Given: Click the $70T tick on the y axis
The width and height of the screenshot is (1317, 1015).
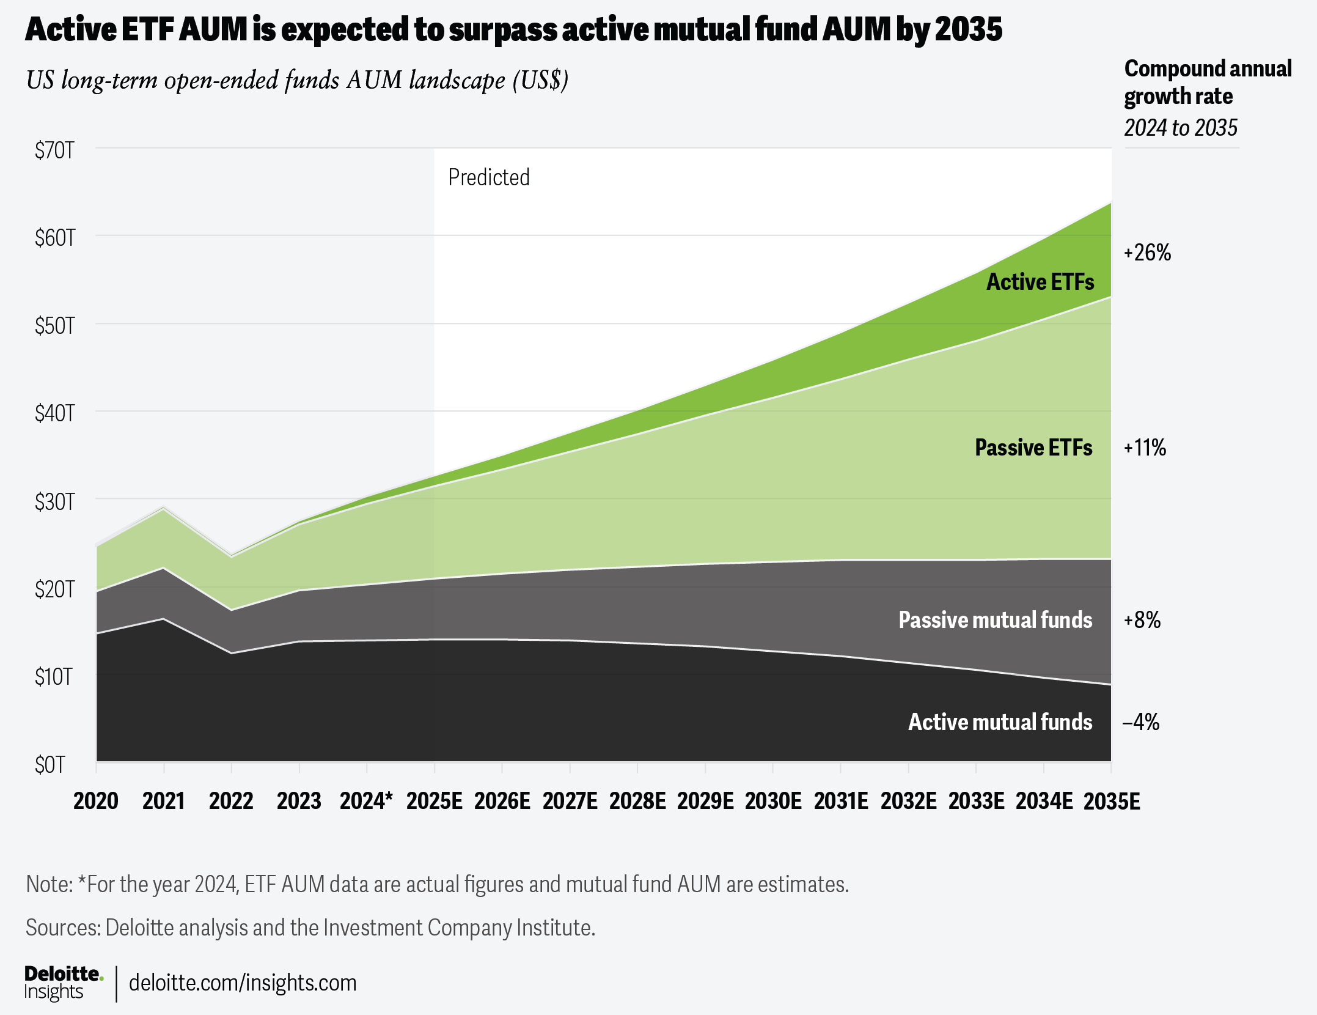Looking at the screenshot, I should point(54,150).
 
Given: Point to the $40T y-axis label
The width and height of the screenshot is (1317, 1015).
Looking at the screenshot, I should point(54,413).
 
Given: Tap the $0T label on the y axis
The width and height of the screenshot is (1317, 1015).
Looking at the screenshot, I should point(50,764).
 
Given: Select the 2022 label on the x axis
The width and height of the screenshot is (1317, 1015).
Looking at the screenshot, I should point(231,801).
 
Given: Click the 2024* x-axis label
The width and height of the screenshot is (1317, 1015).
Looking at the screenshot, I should point(366,801).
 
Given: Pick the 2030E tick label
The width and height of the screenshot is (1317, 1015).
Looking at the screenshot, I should point(773,801).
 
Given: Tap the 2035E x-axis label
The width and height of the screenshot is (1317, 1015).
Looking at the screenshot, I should point(1112,801).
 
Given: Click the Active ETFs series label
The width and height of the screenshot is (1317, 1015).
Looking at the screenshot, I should point(1040,282).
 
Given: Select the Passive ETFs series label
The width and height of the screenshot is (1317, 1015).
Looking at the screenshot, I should point(1033,448).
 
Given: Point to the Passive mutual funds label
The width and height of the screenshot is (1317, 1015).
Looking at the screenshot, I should point(995,620).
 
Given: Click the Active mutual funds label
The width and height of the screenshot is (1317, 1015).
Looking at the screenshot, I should point(1000,722).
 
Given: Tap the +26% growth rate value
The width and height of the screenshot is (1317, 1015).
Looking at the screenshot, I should point(1147,253).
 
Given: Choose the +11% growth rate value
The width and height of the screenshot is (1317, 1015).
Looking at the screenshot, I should point(1145,448).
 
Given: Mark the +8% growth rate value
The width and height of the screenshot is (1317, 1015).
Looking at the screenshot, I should point(1142,620).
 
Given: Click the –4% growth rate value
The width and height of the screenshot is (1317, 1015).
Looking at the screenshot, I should point(1141,722).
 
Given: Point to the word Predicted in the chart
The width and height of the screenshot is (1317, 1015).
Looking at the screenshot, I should point(489,177).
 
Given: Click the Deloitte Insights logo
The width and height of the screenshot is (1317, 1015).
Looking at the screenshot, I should point(63,983).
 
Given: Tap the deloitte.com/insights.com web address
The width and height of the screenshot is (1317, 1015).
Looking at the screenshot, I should point(243,983).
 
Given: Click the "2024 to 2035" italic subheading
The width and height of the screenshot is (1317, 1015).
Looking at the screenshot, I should point(1181,128).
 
